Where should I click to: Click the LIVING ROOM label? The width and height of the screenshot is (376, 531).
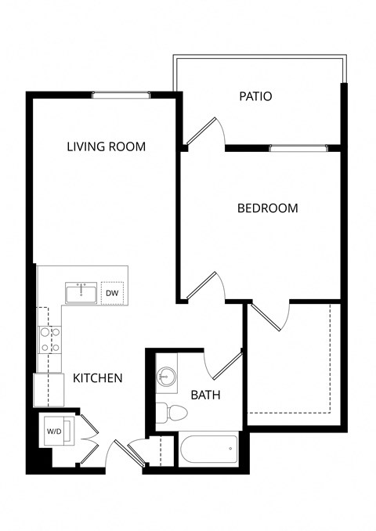(107, 146)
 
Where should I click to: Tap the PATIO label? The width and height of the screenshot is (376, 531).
(255, 97)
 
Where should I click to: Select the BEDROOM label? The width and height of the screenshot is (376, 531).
(268, 208)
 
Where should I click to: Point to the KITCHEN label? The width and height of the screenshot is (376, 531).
(98, 378)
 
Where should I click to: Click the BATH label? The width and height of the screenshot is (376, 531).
(205, 396)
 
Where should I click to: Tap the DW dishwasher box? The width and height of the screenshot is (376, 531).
(112, 294)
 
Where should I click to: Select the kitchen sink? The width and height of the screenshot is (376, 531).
(81, 294)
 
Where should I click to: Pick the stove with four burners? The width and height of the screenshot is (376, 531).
(50, 340)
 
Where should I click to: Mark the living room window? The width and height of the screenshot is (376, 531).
(121, 96)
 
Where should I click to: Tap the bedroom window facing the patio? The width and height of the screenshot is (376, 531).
(298, 147)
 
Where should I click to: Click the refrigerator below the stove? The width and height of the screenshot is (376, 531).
(49, 389)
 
